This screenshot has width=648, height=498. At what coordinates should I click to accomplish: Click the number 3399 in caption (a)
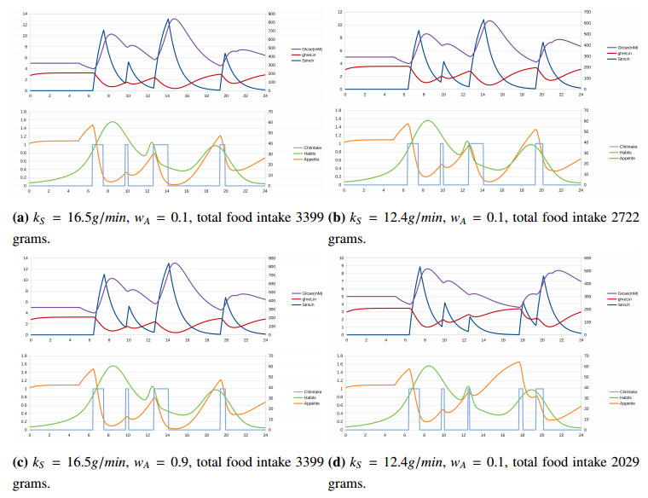[308, 218]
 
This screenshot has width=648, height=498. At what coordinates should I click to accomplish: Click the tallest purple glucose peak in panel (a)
[175, 19]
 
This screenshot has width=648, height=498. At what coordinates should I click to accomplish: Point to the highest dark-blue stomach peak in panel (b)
[483, 20]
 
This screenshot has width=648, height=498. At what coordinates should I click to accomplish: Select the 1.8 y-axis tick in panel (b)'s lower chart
[337, 111]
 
